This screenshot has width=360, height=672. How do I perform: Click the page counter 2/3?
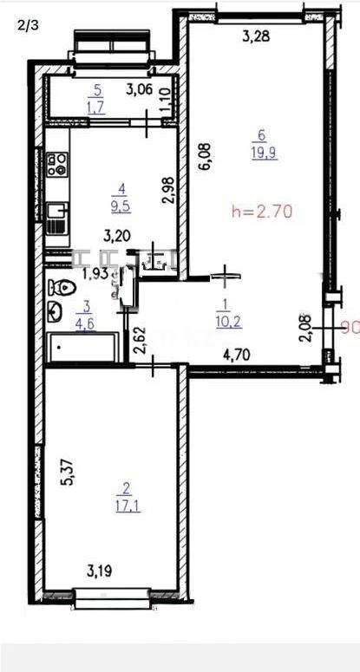pyautogui.click(x=27, y=25)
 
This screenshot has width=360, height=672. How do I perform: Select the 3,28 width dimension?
pyautogui.click(x=254, y=36)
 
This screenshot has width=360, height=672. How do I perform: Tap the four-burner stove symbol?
pyautogui.click(x=57, y=164)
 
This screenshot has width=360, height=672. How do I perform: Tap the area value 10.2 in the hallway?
pyautogui.click(x=223, y=317)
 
